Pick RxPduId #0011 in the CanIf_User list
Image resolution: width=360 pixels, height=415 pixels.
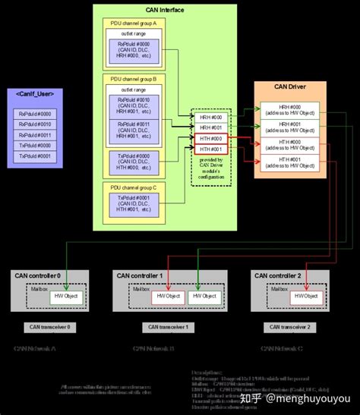click(34, 135)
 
